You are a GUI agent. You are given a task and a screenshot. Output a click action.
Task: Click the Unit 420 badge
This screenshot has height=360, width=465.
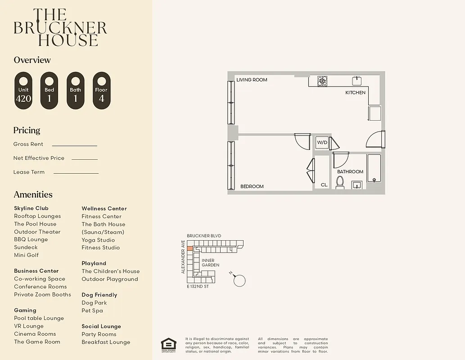click(x=23, y=90)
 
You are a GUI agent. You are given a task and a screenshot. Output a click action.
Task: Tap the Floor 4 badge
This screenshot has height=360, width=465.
click(x=101, y=90)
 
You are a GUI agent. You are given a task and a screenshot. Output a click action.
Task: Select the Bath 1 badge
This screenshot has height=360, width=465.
click(x=75, y=90)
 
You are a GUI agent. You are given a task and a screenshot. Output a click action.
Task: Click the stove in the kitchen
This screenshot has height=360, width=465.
click(x=322, y=81)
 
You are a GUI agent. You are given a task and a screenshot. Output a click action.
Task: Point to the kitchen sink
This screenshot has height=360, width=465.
click(x=357, y=81)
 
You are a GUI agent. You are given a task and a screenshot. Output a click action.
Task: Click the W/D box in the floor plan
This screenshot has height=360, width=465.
click(x=322, y=143)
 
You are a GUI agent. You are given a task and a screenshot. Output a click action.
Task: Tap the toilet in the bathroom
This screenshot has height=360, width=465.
click(x=340, y=182)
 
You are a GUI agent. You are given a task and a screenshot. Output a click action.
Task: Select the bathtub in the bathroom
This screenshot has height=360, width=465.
click(x=374, y=168)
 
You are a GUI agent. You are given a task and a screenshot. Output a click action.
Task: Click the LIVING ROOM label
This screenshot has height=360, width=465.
click(x=252, y=80)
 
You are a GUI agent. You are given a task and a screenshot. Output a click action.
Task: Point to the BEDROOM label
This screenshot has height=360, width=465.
click(x=252, y=186)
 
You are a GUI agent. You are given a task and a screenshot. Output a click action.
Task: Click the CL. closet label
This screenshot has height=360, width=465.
click(x=324, y=185)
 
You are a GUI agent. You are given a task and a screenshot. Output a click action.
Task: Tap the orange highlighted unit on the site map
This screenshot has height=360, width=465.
click(x=190, y=248)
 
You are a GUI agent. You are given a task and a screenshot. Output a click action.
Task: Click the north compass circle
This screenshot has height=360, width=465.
click(x=239, y=281)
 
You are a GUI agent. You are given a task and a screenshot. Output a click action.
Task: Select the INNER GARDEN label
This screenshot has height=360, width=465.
click(x=210, y=263)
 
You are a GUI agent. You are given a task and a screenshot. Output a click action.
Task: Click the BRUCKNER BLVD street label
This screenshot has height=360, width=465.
click(x=204, y=236)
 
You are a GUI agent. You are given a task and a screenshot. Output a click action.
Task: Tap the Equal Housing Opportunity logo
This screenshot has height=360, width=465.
click(x=169, y=344)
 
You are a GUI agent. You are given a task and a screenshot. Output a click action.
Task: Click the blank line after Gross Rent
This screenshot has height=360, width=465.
click(x=74, y=145)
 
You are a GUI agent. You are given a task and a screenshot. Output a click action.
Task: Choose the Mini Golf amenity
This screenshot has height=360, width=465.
click(x=26, y=255)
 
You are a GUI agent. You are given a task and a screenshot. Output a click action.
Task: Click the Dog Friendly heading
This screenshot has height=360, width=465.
click(x=99, y=295)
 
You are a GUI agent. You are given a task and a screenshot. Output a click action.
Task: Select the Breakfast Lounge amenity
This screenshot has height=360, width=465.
click(x=106, y=342)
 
